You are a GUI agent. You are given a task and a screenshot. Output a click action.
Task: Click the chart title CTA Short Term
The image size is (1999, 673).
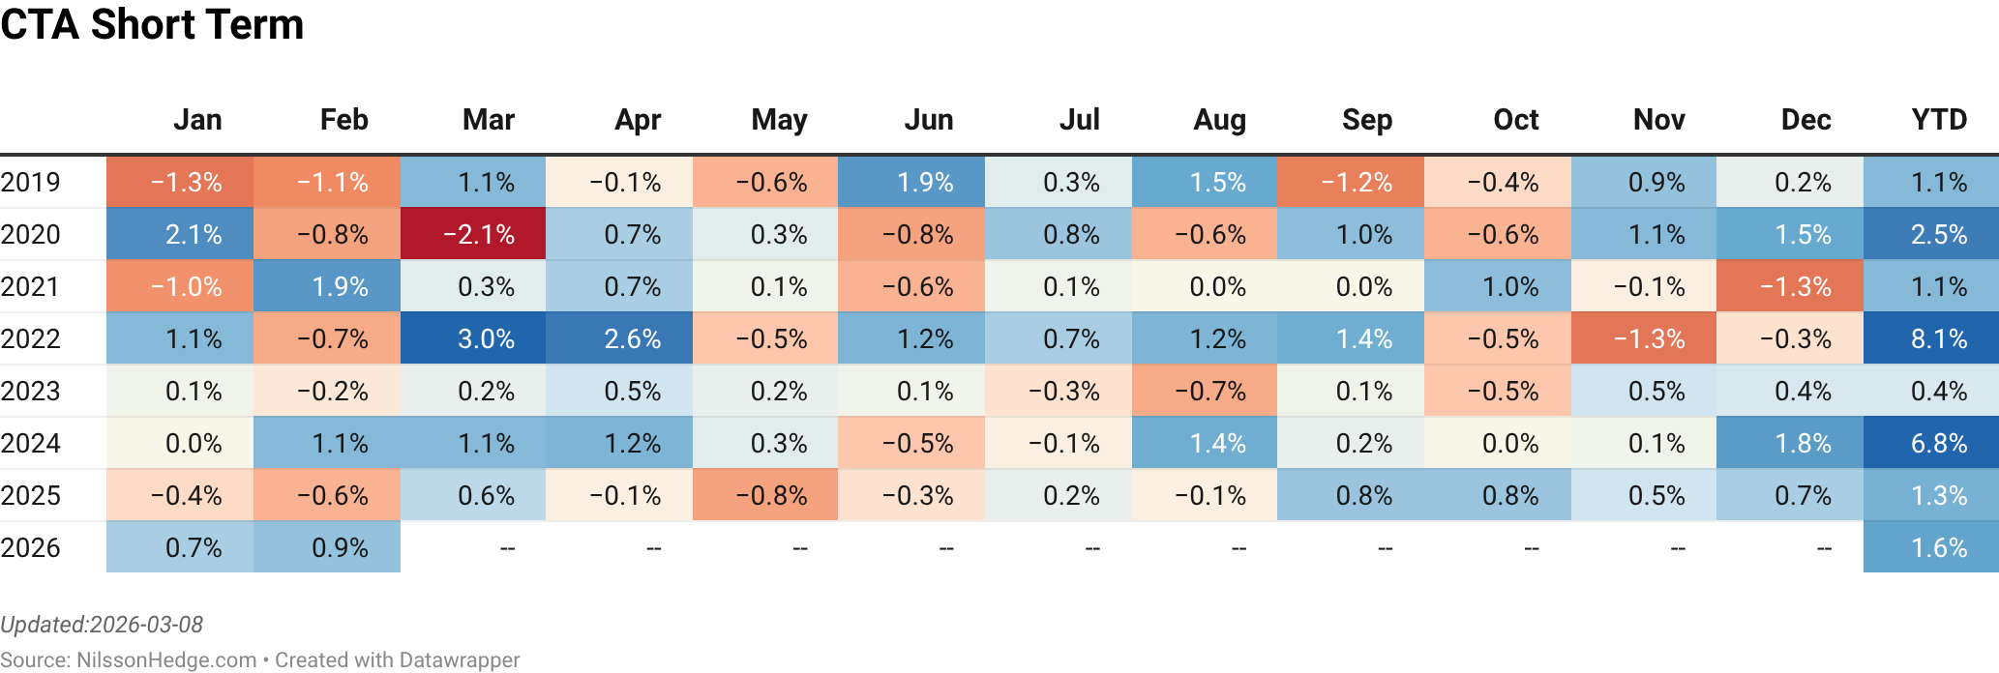click(x=152, y=24)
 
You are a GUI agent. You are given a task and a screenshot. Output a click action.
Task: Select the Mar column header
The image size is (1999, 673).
click(x=488, y=120)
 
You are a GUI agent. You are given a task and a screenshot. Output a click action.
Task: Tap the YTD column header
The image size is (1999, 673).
click(x=1939, y=120)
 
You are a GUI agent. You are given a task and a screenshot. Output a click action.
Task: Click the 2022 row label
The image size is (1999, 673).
click(x=31, y=339)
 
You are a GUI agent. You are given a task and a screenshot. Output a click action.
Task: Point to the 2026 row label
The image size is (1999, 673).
click(x=31, y=548)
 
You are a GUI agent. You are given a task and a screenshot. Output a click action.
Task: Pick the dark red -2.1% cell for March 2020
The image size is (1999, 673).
click(x=473, y=235)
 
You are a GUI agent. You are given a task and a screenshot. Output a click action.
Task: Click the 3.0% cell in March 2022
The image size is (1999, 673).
click(x=473, y=339)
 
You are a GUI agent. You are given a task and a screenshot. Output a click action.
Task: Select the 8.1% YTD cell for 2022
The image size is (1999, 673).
click(x=1931, y=339)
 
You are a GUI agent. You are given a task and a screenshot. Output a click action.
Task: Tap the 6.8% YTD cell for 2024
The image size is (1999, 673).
click(x=1931, y=444)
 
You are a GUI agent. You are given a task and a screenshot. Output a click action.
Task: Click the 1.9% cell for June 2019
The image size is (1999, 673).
click(x=911, y=183)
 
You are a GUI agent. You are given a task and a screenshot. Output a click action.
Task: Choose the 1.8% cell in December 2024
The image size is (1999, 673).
click(x=1790, y=444)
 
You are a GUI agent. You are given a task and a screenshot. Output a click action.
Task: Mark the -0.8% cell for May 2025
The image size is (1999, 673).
click(x=765, y=496)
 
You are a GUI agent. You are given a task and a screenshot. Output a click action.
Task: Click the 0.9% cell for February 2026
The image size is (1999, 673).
click(x=327, y=548)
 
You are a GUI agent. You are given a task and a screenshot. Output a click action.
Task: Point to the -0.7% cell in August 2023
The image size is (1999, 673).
click(x=1205, y=392)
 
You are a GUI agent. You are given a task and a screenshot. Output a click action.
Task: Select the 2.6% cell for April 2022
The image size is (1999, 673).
click(x=619, y=339)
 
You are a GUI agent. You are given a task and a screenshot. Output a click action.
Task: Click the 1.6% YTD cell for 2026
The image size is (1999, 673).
click(x=1931, y=548)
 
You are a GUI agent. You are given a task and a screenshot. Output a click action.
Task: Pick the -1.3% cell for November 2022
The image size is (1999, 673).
click(x=1644, y=339)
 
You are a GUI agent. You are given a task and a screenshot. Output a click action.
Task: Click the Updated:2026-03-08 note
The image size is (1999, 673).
click(x=102, y=625)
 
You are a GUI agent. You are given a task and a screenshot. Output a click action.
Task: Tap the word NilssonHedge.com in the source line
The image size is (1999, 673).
click(x=166, y=660)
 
